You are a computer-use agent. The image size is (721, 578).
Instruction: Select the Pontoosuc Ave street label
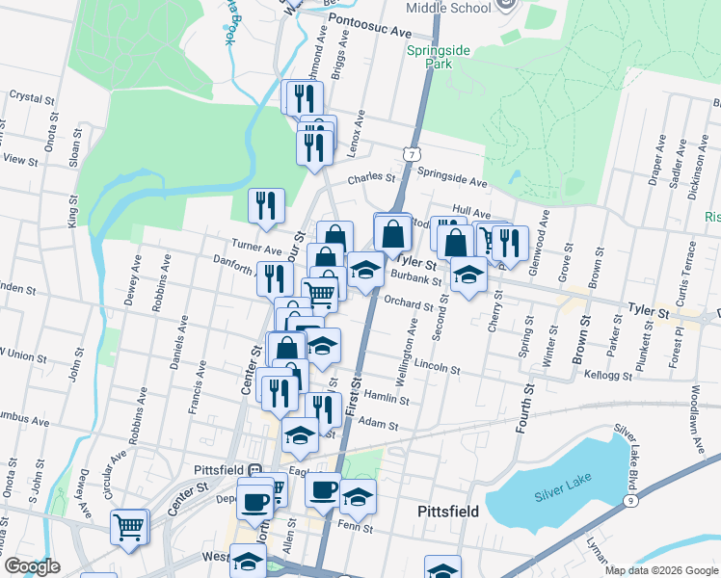(x=369, y=30)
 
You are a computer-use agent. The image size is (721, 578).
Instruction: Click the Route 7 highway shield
(x=412, y=154)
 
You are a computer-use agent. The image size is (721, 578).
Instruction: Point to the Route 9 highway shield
(x=630, y=501)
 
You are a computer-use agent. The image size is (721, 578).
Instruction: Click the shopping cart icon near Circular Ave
(x=130, y=526)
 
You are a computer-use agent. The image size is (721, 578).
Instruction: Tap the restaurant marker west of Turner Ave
(x=266, y=205)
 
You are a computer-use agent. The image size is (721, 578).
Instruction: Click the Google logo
(x=31, y=566)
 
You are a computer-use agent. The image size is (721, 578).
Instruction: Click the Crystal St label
(x=29, y=96)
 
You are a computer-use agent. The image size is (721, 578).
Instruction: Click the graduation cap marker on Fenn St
(x=359, y=497)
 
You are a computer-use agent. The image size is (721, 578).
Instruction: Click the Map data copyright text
(x=660, y=570)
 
